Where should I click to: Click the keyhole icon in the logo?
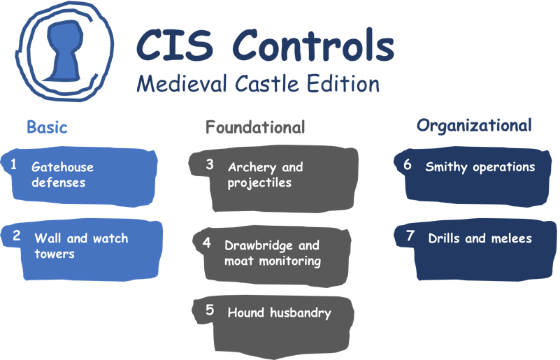[x=64, y=51]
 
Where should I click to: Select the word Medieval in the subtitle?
[x=182, y=84]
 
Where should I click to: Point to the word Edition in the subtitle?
[x=343, y=84]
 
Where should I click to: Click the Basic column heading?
[x=47, y=127]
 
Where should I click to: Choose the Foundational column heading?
[x=255, y=127]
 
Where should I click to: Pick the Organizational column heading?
[x=474, y=126]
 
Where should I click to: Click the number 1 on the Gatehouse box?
[x=13, y=164]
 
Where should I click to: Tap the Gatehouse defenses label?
[x=62, y=175]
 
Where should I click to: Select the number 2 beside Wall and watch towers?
[x=16, y=236]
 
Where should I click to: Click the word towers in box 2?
[x=55, y=254]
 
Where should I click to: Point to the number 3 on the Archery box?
[x=210, y=164]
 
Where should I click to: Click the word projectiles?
[x=259, y=183]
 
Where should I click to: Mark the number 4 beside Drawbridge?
[x=206, y=243]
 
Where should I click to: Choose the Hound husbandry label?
[x=280, y=313]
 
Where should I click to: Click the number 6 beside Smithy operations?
[x=407, y=164]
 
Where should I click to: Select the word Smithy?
[x=447, y=167]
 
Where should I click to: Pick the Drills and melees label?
[x=480, y=238]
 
